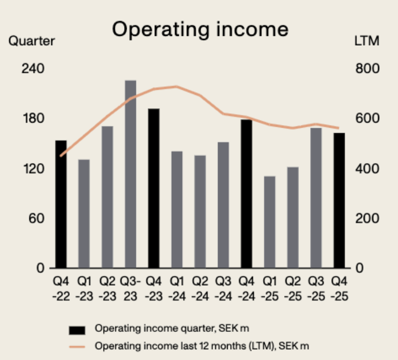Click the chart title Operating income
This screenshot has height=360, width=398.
pos(200,29)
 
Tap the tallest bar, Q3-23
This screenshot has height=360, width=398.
pos(130,174)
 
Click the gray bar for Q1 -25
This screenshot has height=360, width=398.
pos(270,222)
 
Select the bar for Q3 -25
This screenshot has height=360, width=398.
pos(316,198)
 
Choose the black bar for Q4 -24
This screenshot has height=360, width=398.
pos(246,194)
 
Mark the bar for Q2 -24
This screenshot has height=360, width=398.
pos(200,211)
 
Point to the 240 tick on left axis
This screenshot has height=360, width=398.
pos(32,69)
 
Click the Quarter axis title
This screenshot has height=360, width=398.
pos(31,42)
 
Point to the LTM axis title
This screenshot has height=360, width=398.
pos(367,42)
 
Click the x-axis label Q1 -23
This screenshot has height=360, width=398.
pos(84,289)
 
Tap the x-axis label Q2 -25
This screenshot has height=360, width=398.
pos(293,289)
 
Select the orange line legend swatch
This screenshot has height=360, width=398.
pos(77,347)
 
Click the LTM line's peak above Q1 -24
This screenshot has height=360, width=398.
pos(176,86)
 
